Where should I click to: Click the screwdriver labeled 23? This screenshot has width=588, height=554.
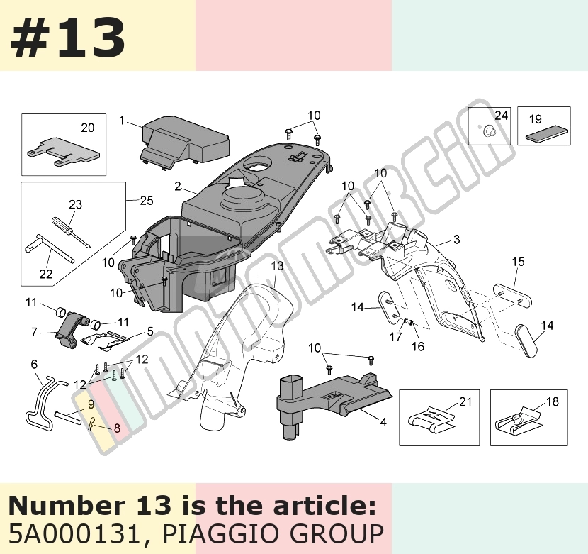point(70,232)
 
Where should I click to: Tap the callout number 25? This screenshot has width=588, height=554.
point(147,200)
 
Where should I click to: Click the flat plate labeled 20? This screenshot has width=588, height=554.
point(63,151)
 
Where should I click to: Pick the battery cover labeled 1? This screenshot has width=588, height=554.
point(185,141)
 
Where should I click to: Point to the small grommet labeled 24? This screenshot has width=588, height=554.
point(489,131)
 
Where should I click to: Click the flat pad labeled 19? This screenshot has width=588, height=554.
point(547,135)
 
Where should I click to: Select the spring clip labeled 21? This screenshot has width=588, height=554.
point(432,419)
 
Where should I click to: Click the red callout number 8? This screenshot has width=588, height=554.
point(117,428)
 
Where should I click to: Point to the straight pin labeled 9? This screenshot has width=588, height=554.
point(68,418)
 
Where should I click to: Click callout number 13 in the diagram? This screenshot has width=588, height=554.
point(277,266)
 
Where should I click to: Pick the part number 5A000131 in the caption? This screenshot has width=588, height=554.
point(74,533)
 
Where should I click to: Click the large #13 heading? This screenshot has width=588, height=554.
point(68,38)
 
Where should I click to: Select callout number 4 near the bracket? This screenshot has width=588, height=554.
point(383,422)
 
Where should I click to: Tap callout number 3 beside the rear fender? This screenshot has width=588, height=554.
point(456,239)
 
